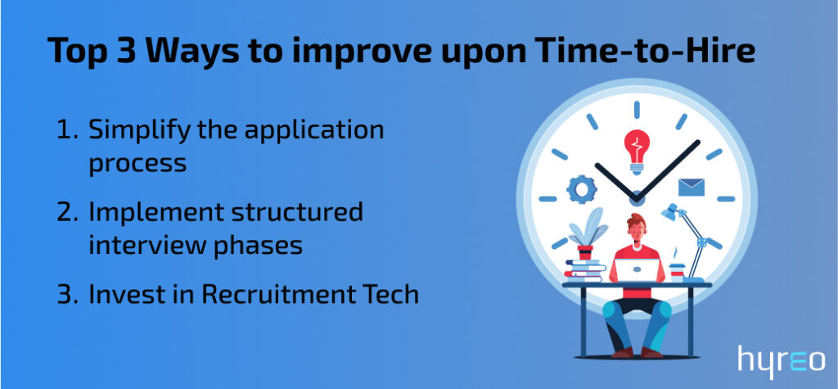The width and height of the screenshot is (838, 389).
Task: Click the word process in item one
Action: pyautogui.click(x=137, y=163)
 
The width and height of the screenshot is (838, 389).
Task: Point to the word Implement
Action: pyautogui.click(x=155, y=213)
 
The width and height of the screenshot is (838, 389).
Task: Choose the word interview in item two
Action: pyautogui.click(x=141, y=244)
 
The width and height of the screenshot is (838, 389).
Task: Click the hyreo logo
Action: pyautogui.click(x=781, y=360)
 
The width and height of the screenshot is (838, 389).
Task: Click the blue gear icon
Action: pyautogui.click(x=581, y=189)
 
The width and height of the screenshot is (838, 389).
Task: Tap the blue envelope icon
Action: pyautogui.click(x=692, y=188)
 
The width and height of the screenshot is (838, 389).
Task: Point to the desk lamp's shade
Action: pyautogui.click(x=671, y=212)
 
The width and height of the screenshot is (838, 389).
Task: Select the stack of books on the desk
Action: pyautogui.click(x=584, y=271)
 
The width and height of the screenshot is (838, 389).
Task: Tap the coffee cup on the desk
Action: pyautogui.click(x=677, y=271)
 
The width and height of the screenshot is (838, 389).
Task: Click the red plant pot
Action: pyautogui.click(x=585, y=252)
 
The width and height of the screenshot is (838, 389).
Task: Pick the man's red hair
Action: pyautogui.click(x=637, y=219)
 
